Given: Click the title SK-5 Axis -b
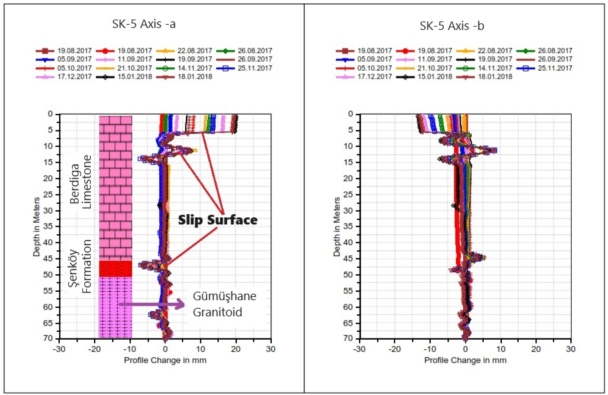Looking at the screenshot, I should [x=452, y=26].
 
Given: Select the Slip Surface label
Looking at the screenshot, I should [x=218, y=220].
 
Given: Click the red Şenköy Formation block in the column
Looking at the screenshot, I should [x=115, y=268].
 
